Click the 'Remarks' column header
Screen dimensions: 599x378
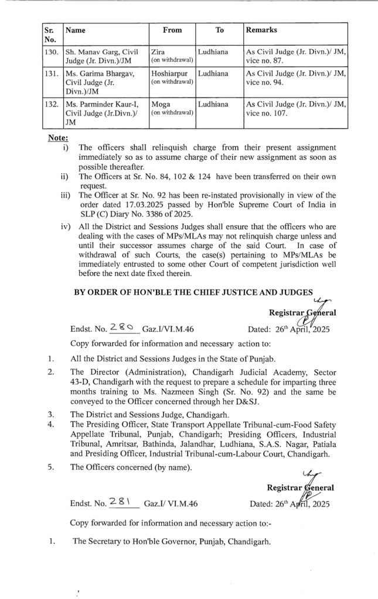click(x=261, y=30)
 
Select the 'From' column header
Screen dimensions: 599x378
click(x=172, y=30)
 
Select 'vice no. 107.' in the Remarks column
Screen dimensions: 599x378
click(x=267, y=113)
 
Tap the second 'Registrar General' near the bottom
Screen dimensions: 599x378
click(x=299, y=487)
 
